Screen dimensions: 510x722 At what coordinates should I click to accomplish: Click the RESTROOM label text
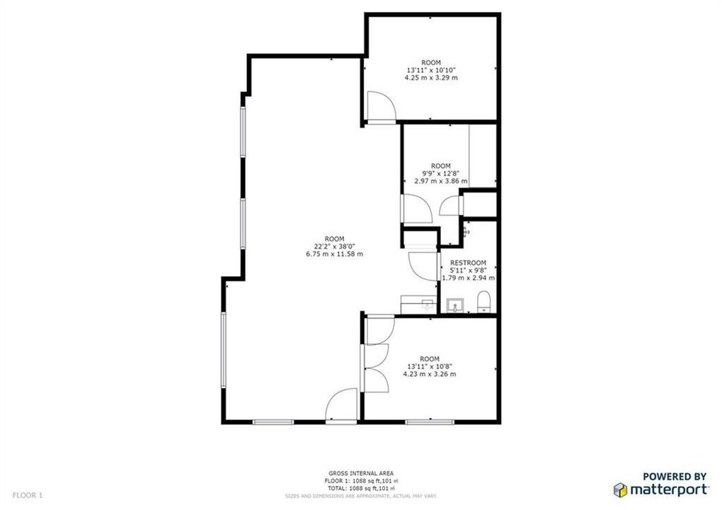coord(468,262)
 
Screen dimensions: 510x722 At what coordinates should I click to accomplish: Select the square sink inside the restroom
coord(454,305)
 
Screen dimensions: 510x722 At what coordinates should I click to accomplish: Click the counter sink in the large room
coord(427,304)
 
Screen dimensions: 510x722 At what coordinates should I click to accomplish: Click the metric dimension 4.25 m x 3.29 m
coord(430,77)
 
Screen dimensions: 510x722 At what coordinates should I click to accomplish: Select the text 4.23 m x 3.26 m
coord(430,374)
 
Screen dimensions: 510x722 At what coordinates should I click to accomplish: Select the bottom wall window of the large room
coord(273,422)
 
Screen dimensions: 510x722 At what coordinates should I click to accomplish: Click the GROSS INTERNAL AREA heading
coord(361,473)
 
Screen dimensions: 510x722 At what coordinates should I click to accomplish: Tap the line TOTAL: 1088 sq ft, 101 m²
coord(361,488)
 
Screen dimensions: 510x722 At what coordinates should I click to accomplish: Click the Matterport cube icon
coord(619,489)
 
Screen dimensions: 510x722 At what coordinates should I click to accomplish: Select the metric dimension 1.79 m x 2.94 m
coord(468,278)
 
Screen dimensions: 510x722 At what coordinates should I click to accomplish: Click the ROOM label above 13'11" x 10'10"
coord(430,62)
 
